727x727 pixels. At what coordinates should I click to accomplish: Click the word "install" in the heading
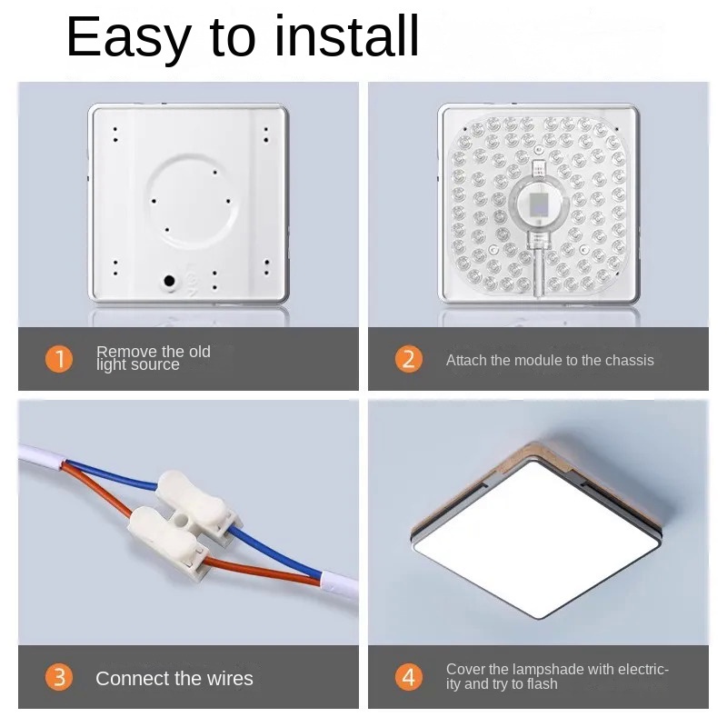click(x=347, y=36)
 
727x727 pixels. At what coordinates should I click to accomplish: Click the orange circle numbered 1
click(x=59, y=359)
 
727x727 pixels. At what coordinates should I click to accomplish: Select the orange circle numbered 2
click(x=408, y=359)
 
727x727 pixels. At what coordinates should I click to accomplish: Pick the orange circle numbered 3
click(x=59, y=677)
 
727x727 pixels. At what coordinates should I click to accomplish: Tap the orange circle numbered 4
click(x=408, y=677)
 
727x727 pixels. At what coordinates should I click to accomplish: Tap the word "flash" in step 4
click(x=542, y=684)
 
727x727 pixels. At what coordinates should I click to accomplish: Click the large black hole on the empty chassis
click(x=169, y=281)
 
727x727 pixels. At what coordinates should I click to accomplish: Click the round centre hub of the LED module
click(x=538, y=204)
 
